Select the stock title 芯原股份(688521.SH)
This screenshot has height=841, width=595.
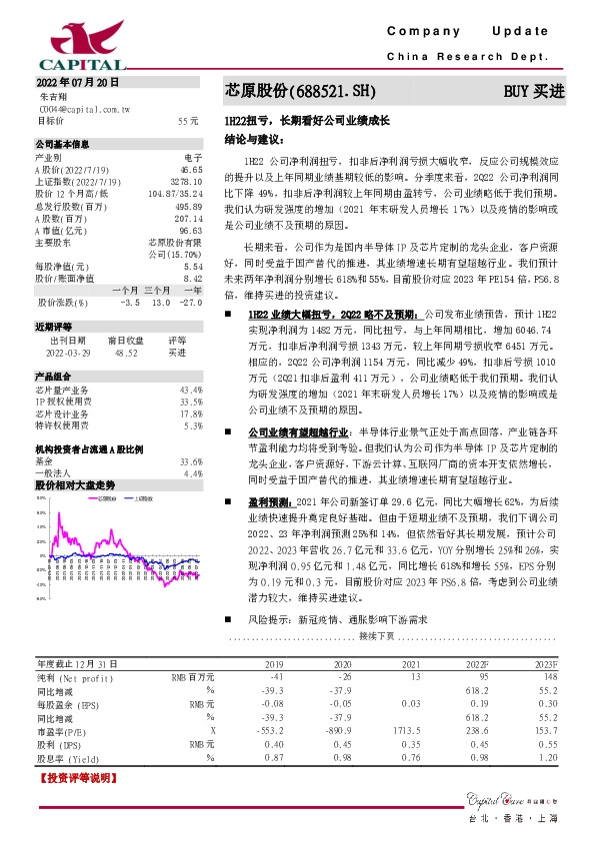click(x=299, y=91)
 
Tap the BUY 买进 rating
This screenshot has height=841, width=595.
click(x=534, y=91)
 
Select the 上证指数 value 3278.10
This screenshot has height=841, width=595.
click(x=186, y=182)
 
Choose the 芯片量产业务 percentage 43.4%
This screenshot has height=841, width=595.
click(x=190, y=362)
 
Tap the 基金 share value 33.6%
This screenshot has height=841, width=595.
click(x=190, y=434)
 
